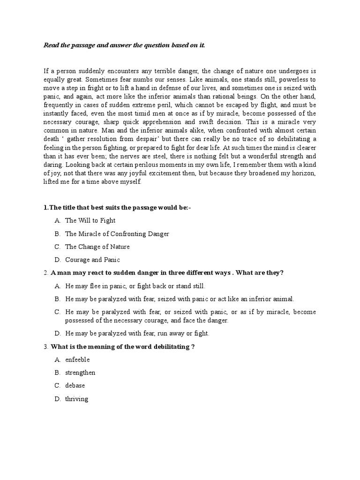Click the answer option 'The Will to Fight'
(x=90, y=220)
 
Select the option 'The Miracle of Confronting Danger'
(x=117, y=233)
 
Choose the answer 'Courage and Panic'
(x=92, y=260)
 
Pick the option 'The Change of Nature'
(x=97, y=247)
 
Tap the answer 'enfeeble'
(x=77, y=360)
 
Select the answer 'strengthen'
(x=80, y=373)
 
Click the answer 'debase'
(x=75, y=386)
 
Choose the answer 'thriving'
(x=77, y=399)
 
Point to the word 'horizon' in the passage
(x=303, y=173)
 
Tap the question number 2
(x=45, y=273)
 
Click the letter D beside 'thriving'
(x=57, y=399)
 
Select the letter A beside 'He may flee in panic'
(x=57, y=285)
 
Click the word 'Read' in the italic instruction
(x=52, y=45)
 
